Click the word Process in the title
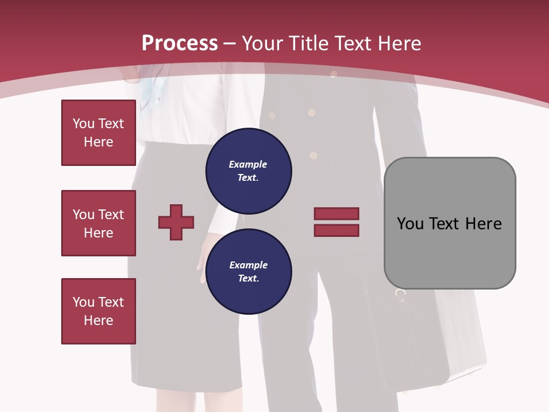pos(180,43)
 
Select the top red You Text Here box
pos(98,133)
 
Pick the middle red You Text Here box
pos(98,223)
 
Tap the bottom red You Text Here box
pos(98,311)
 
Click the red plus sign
pos(176,222)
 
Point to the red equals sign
pos(336,222)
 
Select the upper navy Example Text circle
pos(249,171)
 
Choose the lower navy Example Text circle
pos(249,272)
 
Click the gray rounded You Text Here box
pos(449,223)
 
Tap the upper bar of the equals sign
pos(336,214)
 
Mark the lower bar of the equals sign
pos(336,230)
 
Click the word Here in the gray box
pos(483,224)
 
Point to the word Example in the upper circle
pos(248,165)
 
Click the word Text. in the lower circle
pos(248,279)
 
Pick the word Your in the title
pos(262,43)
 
